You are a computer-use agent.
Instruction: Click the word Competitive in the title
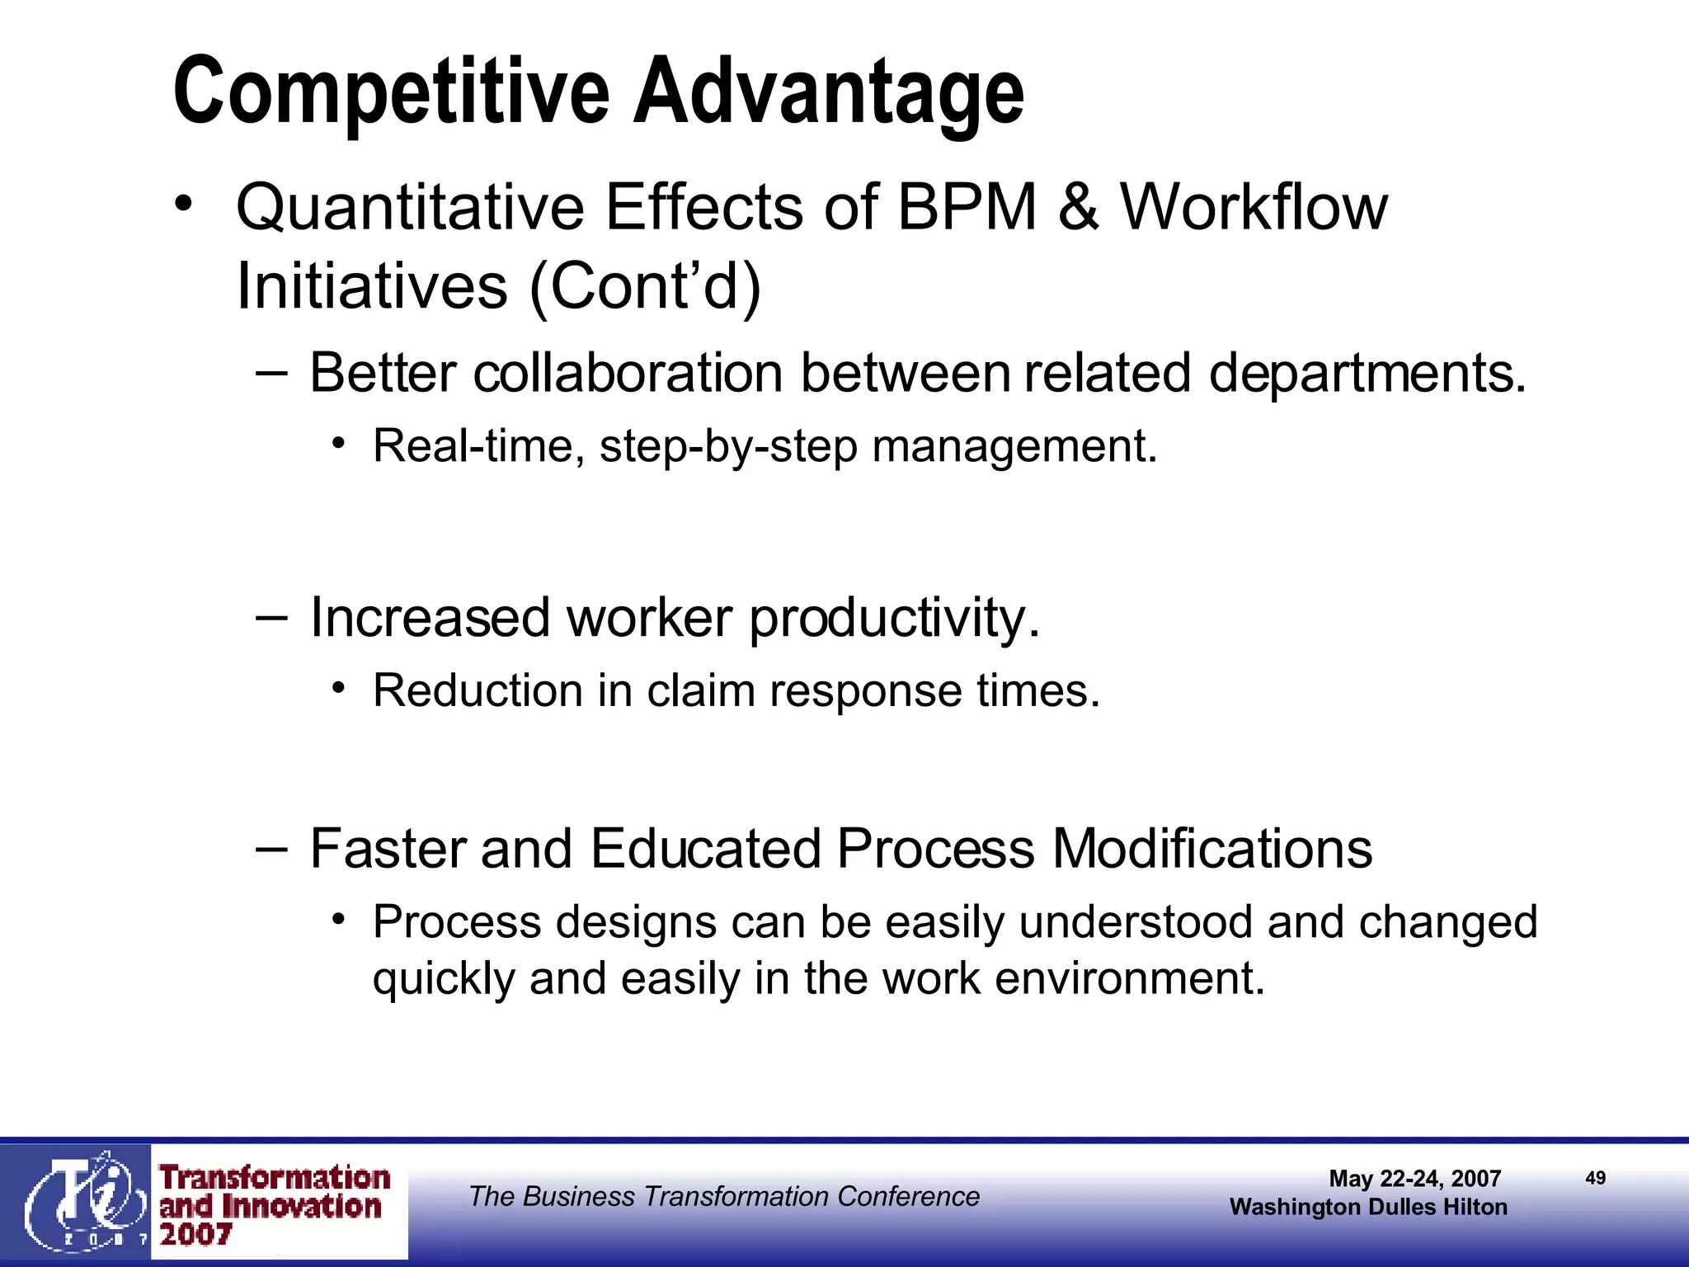click(x=391, y=92)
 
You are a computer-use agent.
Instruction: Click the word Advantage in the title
click(x=828, y=92)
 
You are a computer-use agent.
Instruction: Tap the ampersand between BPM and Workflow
click(x=1078, y=207)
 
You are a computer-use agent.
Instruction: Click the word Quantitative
click(x=410, y=207)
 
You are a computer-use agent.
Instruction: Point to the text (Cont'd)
click(x=645, y=286)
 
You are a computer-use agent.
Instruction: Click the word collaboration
click(x=628, y=373)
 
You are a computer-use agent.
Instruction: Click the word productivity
click(x=894, y=618)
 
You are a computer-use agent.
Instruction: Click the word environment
click(x=1129, y=978)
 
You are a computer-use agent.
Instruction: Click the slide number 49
click(x=1595, y=1178)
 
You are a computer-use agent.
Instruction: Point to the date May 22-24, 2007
click(x=1414, y=1179)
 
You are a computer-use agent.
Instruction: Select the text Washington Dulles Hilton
click(x=1368, y=1207)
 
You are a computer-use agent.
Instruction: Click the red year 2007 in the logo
click(x=195, y=1235)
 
